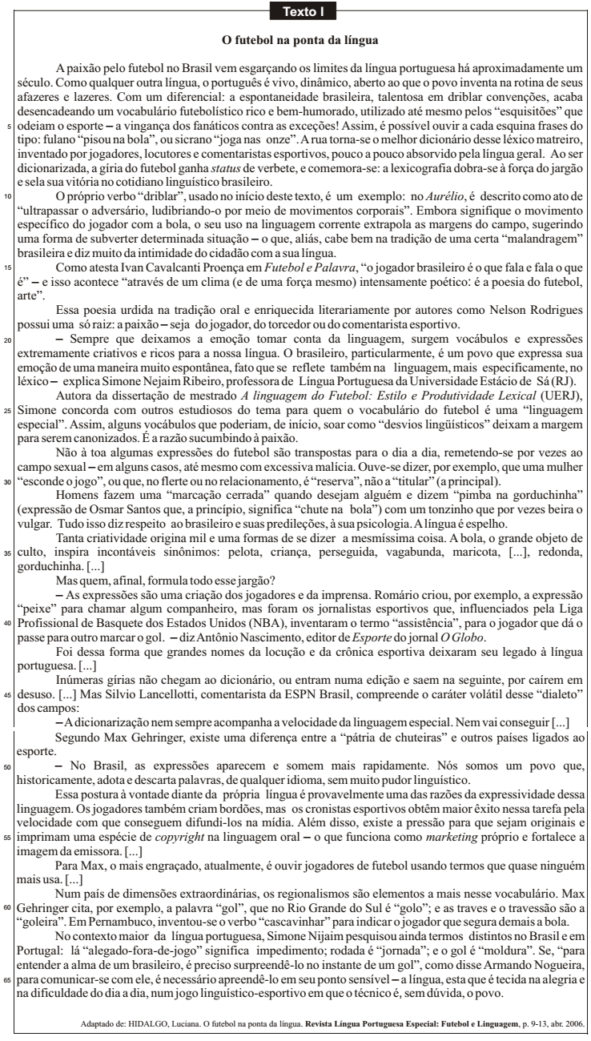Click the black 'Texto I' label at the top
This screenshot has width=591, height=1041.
tap(295, 11)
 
